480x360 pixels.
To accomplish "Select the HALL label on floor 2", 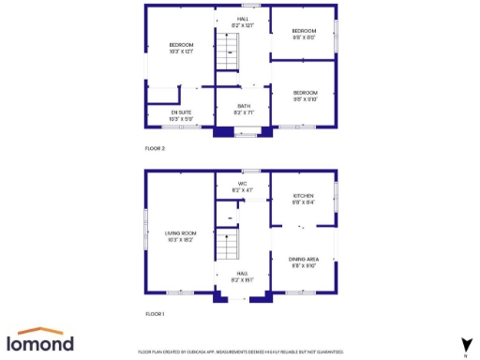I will click(243, 22).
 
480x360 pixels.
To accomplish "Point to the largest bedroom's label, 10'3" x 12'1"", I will click(181, 48).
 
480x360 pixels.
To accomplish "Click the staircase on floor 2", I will click(226, 59).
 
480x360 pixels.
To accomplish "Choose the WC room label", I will click(242, 187).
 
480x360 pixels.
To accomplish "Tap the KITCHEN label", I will click(303, 199).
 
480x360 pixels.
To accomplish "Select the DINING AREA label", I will click(303, 263).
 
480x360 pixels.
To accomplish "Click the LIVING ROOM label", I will click(180, 237).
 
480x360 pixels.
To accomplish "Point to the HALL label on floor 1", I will click(242, 277).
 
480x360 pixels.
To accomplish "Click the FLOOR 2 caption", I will click(155, 149).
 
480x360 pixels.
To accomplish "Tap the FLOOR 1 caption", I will click(155, 313).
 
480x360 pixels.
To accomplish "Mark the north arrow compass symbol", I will click(465, 344).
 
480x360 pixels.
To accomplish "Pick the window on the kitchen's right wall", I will click(337, 198).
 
